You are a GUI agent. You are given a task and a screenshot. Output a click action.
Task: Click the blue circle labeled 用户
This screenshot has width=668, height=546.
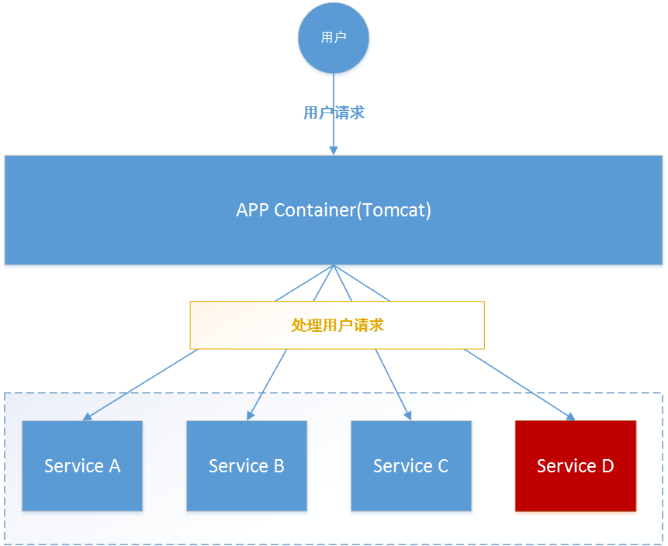pos(334,37)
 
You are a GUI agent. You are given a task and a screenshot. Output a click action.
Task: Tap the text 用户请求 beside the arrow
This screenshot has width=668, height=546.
pos(334,113)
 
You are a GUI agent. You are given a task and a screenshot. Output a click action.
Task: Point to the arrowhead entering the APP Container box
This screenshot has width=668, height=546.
pos(334,150)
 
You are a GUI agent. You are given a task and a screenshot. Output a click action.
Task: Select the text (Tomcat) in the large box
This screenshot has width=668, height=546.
pos(393,210)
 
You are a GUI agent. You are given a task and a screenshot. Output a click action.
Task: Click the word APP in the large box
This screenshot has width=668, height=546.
pos(253,210)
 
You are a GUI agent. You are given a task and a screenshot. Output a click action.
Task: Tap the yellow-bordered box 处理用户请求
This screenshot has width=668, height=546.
pos(337,325)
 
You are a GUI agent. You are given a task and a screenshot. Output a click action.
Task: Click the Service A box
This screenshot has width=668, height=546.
pos(82,465)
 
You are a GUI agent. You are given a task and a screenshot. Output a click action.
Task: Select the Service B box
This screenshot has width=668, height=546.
pos(247,465)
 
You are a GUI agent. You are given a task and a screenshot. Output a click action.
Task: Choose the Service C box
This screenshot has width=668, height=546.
pos(411,465)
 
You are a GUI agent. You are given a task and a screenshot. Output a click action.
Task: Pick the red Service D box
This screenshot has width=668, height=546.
pos(576,465)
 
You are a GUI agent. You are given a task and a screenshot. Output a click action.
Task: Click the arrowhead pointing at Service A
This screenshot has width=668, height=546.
pos(87,417)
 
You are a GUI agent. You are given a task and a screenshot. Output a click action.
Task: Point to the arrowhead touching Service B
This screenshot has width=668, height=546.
pos(250,416)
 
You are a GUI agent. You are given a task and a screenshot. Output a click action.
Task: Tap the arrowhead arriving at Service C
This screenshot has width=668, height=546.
pos(407,416)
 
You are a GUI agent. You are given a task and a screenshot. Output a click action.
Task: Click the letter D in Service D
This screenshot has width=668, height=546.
pos(607,466)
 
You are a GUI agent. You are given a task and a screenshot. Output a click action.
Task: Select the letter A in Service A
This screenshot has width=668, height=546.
pos(114,466)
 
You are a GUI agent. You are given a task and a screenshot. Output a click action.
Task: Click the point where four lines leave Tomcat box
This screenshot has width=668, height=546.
pos(334,265)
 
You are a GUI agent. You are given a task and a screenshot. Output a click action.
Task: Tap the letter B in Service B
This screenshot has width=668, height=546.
pos(279,466)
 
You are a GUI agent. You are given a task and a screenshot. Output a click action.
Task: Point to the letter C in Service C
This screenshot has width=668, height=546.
pos(443,466)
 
